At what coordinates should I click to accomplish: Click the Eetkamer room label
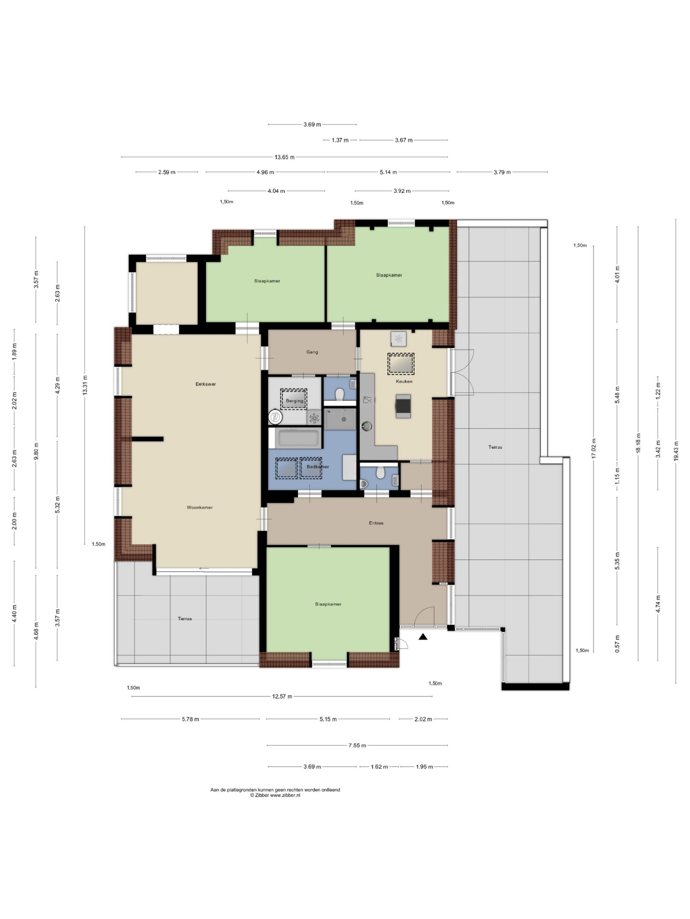206,384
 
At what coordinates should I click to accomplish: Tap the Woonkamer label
200,507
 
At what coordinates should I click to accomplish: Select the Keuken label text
404,381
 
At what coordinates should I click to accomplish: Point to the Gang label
312,352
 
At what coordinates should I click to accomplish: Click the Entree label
376,523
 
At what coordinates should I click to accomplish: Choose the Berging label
295,401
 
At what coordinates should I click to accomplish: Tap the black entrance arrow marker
423,636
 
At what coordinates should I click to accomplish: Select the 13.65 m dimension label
285,157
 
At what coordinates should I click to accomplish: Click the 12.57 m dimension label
282,696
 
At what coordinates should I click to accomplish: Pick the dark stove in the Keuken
403,406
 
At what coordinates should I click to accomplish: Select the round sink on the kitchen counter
366,426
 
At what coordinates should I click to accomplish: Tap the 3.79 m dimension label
502,172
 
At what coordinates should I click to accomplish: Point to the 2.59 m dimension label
166,172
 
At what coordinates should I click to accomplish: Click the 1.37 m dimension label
340,140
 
